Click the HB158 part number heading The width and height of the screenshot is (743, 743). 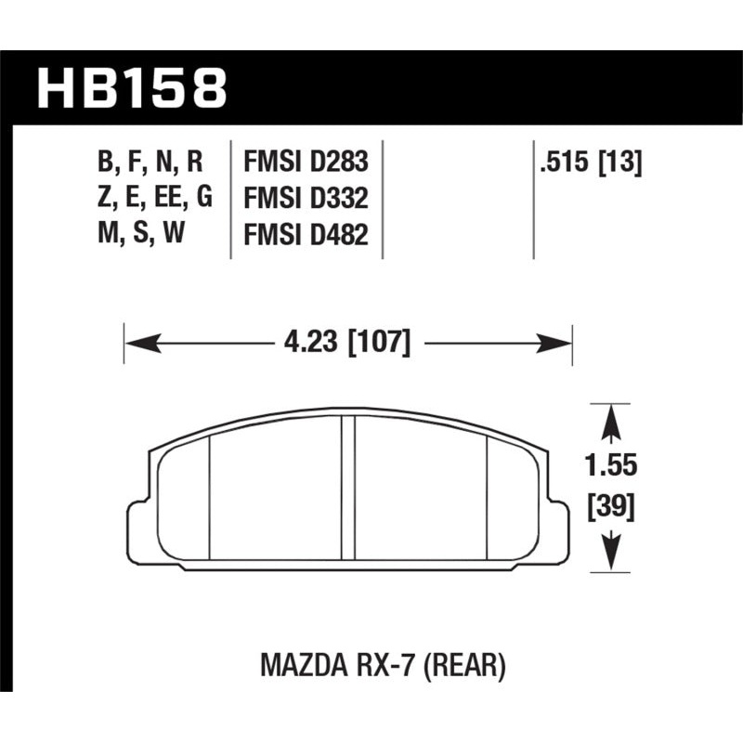(131, 87)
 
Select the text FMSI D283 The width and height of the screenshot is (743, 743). (306, 162)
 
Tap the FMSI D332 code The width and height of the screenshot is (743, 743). (306, 200)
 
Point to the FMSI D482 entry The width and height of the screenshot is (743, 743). (306, 238)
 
